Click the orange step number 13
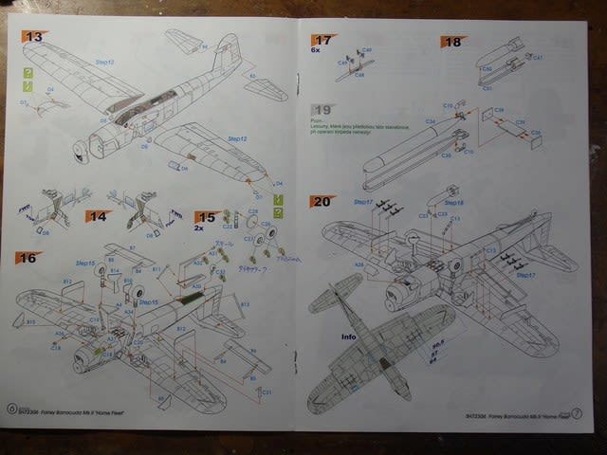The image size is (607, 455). pos(35,37)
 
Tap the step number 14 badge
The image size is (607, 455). pos(98,217)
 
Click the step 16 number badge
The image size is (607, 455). pos(27,257)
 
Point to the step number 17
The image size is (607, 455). pos(323,41)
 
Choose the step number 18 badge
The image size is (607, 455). pos(451,42)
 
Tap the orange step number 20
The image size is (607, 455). pos(321,201)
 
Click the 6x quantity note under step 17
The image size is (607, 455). pos(315,51)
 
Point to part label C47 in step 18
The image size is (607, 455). pos(537,58)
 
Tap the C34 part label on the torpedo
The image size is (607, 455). pos(430,121)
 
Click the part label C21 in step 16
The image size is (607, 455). pos(267,392)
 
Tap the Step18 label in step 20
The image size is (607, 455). pos(454,202)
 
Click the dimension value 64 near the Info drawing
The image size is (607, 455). pos(432,361)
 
